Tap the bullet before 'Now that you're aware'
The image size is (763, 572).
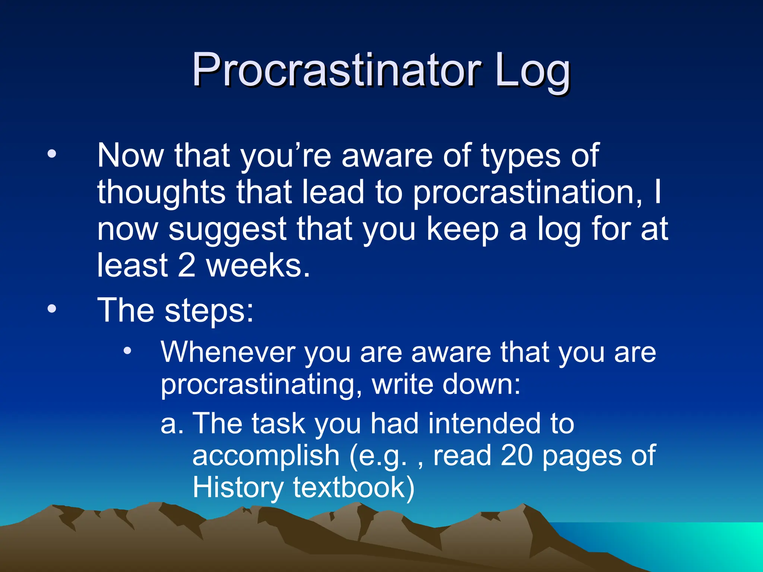tap(52, 154)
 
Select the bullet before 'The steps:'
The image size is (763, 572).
tap(52, 309)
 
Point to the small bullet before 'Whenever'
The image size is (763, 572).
tap(128, 350)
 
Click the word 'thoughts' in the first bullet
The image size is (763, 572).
tap(161, 193)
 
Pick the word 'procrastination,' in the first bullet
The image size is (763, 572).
tap(528, 193)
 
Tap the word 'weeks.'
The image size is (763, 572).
tap(258, 265)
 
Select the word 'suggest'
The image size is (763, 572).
tap(227, 230)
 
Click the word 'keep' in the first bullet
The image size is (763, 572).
tap(462, 230)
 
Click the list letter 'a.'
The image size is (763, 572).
tap(172, 424)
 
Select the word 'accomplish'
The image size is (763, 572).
tap(266, 456)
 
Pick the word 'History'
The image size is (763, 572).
tap(238, 488)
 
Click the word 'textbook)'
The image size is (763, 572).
tap(354, 488)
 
